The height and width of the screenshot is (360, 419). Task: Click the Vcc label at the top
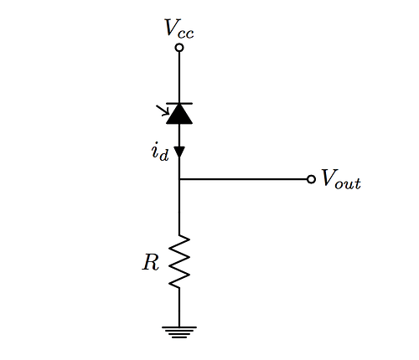pyautogui.click(x=179, y=28)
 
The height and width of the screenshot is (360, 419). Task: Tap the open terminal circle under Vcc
pyautogui.click(x=179, y=48)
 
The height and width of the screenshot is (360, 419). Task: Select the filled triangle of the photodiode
pyautogui.click(x=179, y=114)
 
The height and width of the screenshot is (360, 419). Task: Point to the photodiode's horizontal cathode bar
pyautogui.click(x=179, y=103)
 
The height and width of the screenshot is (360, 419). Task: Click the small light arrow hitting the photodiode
pyautogui.click(x=163, y=110)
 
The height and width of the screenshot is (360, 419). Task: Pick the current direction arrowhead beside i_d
pyautogui.click(x=179, y=152)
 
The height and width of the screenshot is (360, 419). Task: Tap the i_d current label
pyautogui.click(x=160, y=152)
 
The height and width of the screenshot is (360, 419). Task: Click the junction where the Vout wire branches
pyautogui.click(x=179, y=179)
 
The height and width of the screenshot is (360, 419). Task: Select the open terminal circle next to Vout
pyautogui.click(x=311, y=179)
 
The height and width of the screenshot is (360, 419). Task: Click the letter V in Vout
pyautogui.click(x=329, y=177)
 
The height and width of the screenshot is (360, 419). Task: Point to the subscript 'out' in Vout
pyautogui.click(x=349, y=183)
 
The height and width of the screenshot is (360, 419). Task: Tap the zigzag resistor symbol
pyautogui.click(x=179, y=261)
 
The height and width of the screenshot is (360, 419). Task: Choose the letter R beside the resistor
pyautogui.click(x=151, y=262)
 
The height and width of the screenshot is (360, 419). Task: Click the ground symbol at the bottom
pyautogui.click(x=179, y=332)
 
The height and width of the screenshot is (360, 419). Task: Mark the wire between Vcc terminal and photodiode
pyautogui.click(x=179, y=77)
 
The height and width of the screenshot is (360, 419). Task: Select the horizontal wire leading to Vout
pyautogui.click(x=244, y=179)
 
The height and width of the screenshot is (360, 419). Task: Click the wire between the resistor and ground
pyautogui.click(x=179, y=307)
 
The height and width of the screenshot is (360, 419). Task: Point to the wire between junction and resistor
pyautogui.click(x=179, y=207)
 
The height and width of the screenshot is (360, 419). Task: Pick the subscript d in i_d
pyautogui.click(x=164, y=156)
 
